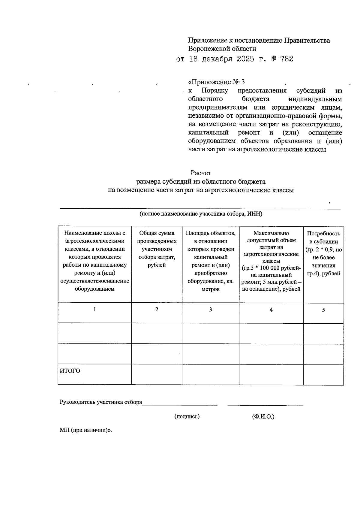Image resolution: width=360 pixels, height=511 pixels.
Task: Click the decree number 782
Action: (x=286, y=59)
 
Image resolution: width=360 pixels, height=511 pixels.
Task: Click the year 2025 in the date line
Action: (x=246, y=59)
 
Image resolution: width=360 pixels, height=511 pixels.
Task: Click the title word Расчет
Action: (x=201, y=173)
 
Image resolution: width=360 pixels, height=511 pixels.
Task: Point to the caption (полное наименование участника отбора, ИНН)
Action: (x=201, y=214)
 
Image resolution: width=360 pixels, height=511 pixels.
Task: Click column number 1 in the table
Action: (x=95, y=309)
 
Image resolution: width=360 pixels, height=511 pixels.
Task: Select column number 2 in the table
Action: (x=157, y=310)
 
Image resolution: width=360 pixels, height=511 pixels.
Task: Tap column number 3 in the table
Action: (x=211, y=310)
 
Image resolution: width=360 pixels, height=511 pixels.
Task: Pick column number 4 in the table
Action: (x=271, y=310)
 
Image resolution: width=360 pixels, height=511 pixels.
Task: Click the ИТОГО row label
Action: (x=70, y=371)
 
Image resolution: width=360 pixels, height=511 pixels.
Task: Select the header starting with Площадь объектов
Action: (x=211, y=261)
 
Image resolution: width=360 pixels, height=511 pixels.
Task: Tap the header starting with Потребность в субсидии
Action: (x=323, y=253)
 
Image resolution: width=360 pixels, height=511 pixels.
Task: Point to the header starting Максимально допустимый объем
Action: (x=271, y=261)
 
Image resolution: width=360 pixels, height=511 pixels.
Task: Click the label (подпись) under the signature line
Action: (x=187, y=416)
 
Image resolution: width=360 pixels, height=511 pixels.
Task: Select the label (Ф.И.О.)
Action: (x=263, y=417)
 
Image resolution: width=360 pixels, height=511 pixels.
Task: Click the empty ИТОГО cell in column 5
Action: (x=323, y=375)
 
